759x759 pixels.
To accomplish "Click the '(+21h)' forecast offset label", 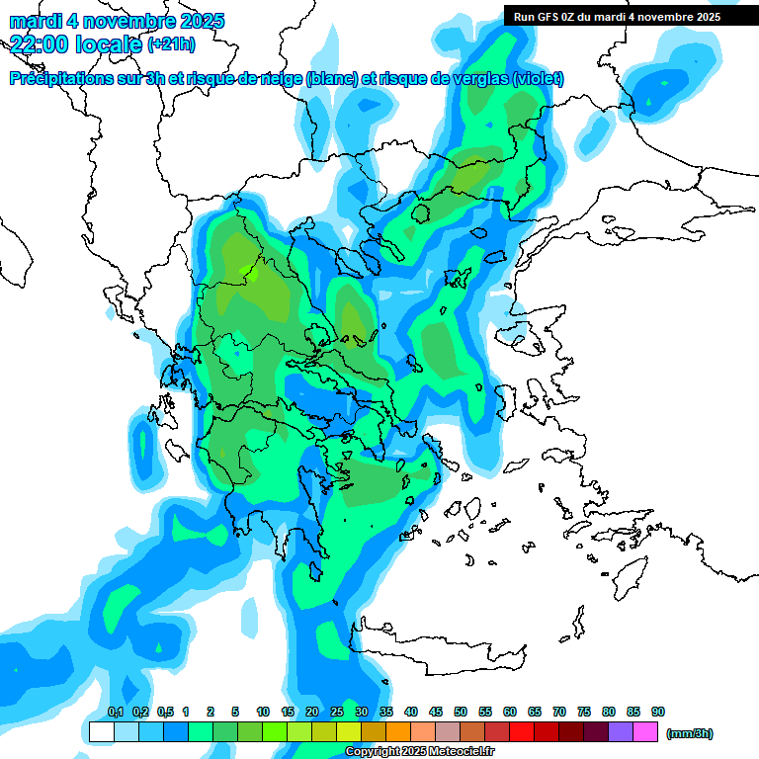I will point(171,43).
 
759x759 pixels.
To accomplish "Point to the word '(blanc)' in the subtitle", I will point(330,78).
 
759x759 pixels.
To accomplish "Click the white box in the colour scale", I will point(102,732).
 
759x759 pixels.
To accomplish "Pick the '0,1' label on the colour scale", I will point(115,713).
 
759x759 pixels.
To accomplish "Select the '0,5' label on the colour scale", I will point(164,713).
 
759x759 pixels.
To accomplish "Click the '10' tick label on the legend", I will point(263,713).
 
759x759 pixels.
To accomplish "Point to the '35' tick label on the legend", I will point(386,713).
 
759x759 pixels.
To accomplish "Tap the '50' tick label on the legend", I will point(461,713).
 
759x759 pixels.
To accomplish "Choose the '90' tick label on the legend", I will point(658,713).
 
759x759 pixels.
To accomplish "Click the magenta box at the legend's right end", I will point(645,732).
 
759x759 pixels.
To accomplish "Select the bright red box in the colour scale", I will point(522,732).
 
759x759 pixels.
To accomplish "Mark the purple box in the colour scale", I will point(621,732).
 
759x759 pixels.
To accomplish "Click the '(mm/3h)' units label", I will point(690,733).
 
